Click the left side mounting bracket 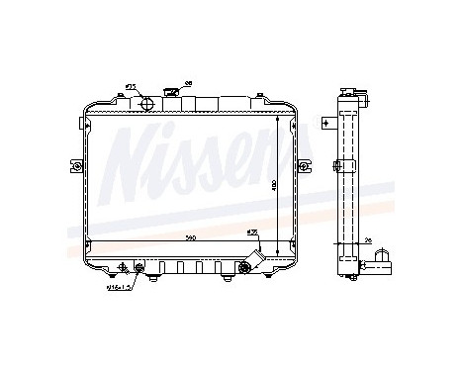point(74,165)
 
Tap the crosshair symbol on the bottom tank point(123,267)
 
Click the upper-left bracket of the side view point(327,123)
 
